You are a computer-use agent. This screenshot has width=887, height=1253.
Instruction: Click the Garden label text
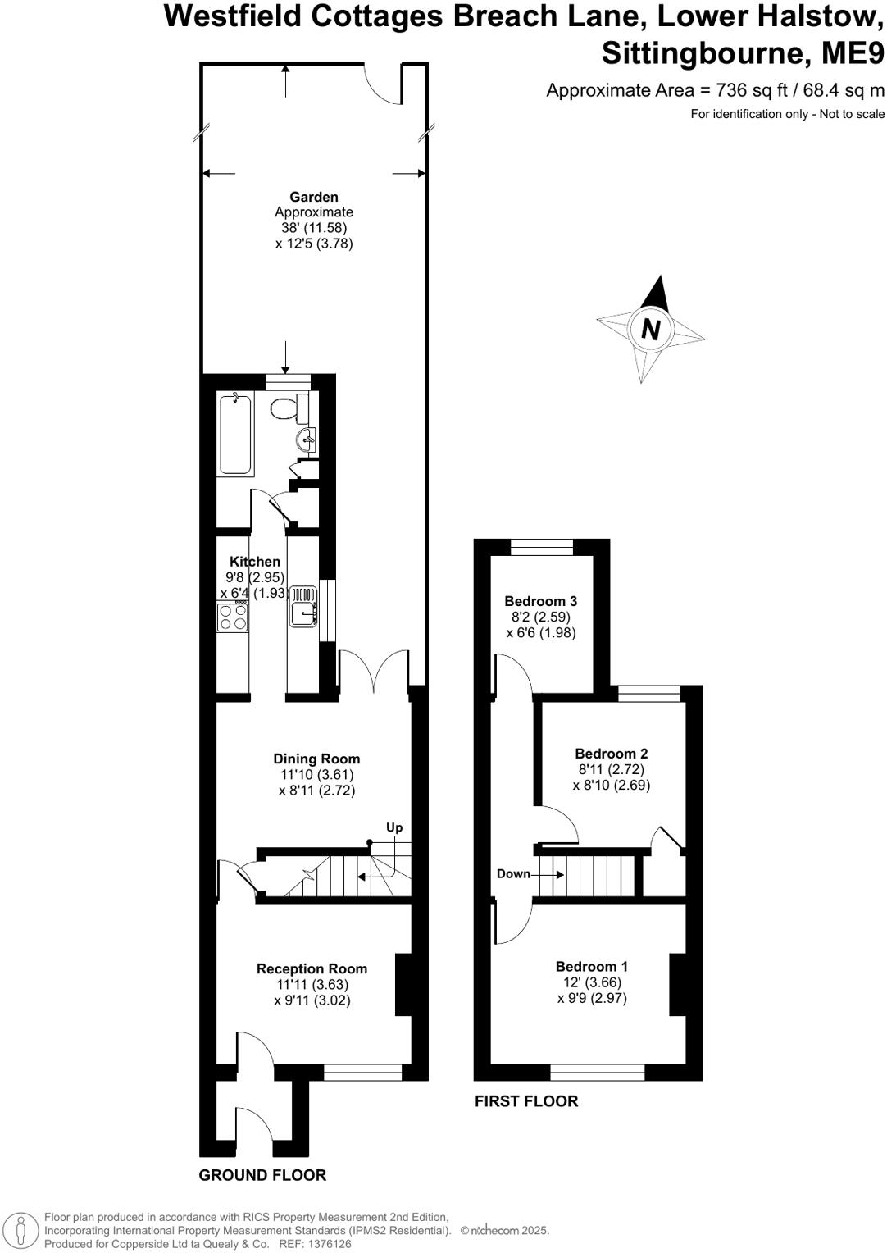coord(314,197)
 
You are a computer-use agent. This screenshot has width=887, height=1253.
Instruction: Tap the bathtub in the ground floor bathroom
coord(236,433)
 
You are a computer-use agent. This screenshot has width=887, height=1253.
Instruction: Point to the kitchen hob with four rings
coord(233,616)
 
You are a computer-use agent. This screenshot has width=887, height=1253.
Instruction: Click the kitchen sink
coord(302,607)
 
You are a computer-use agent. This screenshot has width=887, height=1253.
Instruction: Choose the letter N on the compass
coord(651,330)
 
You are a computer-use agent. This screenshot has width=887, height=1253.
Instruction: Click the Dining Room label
coord(316,759)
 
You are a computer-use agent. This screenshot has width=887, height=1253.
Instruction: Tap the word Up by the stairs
coord(394,827)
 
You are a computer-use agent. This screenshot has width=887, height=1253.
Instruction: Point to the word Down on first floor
coord(514,874)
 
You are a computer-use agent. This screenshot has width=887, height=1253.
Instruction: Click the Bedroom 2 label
coord(612,754)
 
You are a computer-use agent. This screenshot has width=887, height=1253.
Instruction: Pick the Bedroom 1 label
coord(592,967)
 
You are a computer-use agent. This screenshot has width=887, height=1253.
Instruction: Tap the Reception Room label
coord(312,969)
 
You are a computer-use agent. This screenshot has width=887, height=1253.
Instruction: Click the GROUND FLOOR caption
coord(262,1175)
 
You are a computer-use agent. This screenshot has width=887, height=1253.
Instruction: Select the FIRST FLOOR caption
coord(526,1101)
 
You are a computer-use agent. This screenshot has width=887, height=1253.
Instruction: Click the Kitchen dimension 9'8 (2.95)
coord(255,577)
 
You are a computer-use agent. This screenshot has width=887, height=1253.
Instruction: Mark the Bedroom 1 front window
coord(597,1071)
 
